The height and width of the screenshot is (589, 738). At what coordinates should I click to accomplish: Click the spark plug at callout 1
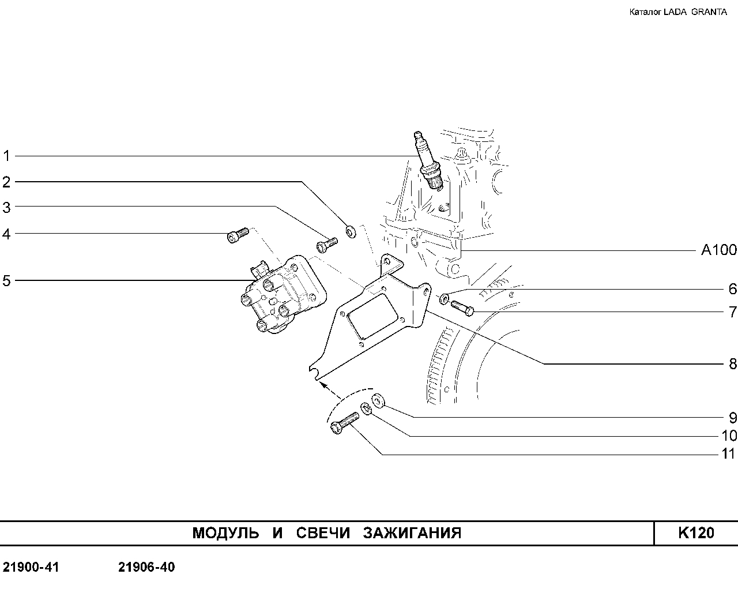pos(428,160)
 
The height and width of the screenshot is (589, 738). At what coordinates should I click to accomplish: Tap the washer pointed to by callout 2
pos(351,232)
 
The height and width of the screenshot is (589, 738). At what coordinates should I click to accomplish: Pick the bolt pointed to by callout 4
pos(238,235)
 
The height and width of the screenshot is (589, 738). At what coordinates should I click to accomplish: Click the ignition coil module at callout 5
pos(284,294)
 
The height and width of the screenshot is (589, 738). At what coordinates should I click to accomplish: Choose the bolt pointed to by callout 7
pos(462,308)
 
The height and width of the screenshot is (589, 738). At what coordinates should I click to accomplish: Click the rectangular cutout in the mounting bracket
pos(372,316)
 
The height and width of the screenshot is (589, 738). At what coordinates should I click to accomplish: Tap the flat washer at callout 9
pos(378,400)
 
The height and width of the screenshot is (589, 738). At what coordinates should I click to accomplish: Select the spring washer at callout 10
pos(366,409)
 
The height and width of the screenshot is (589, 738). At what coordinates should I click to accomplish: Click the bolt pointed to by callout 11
pos(344,423)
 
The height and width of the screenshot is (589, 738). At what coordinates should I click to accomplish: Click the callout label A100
pos(719,250)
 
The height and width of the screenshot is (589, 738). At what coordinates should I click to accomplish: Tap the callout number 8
pos(733,364)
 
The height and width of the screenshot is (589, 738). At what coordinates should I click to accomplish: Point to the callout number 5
pos(6,281)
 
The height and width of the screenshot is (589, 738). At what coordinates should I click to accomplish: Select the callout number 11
pos(729,454)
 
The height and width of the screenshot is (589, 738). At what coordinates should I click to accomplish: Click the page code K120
pos(696,533)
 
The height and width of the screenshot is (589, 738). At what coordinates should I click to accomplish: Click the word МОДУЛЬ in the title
pos(225,534)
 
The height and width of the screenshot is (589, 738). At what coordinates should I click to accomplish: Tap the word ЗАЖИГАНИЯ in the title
pos(413,533)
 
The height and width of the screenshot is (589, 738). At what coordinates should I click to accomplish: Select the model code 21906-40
pos(146,567)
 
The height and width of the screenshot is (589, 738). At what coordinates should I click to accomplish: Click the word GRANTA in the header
pos(709,12)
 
